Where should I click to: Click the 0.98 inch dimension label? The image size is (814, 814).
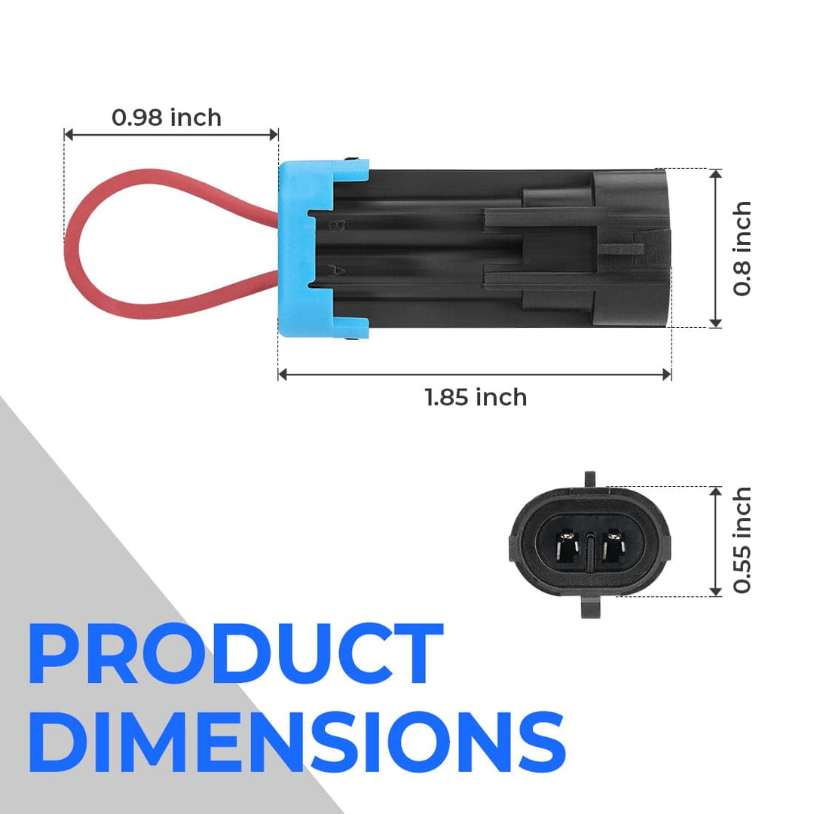(167, 118)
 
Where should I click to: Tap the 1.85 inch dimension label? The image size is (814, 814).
(476, 398)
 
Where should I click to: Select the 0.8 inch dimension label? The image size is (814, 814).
(742, 248)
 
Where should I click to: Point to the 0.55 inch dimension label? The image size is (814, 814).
(742, 540)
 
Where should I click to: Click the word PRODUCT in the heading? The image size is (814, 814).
(236, 653)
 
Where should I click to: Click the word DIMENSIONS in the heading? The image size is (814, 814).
(297, 742)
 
